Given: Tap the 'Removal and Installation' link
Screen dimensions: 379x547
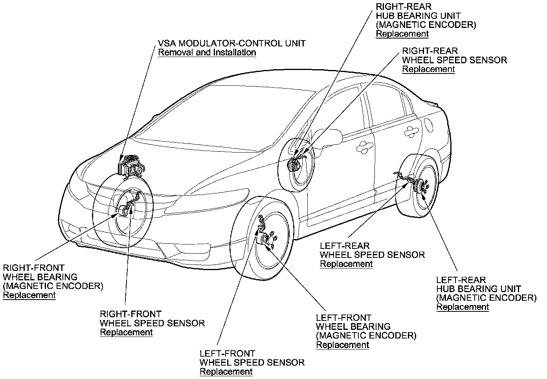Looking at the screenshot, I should pos(207,53).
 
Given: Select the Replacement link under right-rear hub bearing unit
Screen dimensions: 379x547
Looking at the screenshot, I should pos(402,34).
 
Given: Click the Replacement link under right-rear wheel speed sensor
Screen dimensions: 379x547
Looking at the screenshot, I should pos(428,69).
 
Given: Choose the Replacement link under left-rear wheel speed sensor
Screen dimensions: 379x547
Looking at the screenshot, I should pos(346,264).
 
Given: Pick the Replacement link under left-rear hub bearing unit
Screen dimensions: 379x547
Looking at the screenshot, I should pos(463,307).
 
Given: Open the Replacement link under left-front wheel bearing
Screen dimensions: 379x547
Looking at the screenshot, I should pos(343,345).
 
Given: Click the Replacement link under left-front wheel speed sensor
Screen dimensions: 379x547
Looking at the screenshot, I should pos(226,372).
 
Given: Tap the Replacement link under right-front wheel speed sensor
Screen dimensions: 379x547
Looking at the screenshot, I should pos(126,332).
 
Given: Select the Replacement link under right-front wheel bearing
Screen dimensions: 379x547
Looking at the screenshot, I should pos(29,295).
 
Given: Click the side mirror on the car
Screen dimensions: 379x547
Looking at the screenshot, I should pos(332,136).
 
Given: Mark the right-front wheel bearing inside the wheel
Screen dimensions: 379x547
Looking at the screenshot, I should pos(125,210).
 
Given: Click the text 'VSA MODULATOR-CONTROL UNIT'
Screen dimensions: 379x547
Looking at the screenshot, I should pos(231,43).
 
